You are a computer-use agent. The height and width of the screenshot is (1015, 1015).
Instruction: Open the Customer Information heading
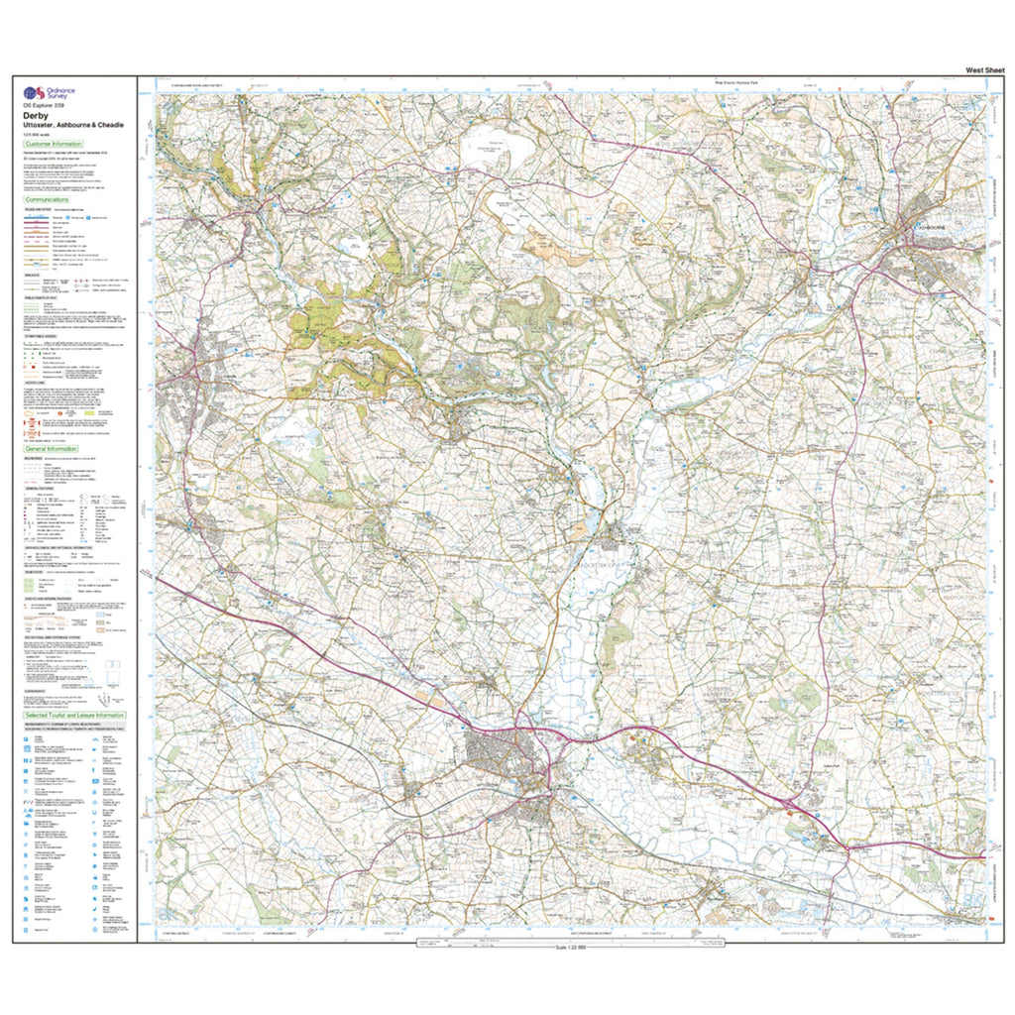click(x=56, y=144)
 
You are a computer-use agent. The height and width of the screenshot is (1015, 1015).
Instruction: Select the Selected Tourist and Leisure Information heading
click(x=74, y=715)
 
